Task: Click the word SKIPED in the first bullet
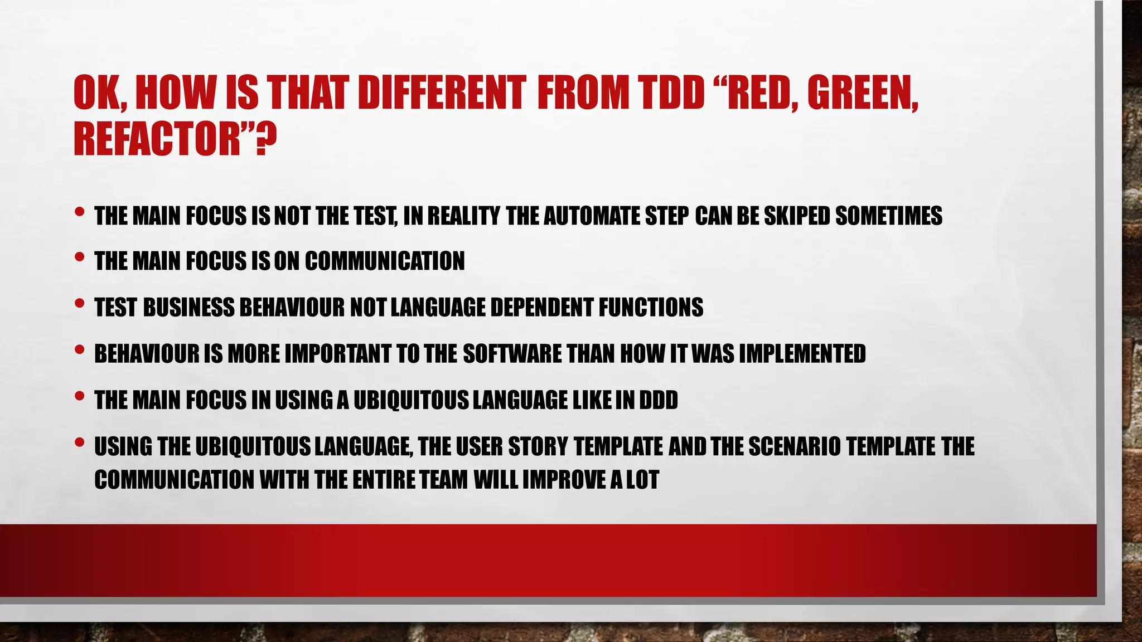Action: click(797, 216)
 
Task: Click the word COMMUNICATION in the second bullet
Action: click(384, 261)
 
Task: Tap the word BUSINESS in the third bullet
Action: click(189, 308)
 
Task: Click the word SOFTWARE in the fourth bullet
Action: click(512, 354)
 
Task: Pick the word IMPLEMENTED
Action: click(802, 354)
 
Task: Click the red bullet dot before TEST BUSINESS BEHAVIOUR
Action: click(79, 304)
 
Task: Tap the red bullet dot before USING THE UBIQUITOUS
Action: click(79, 442)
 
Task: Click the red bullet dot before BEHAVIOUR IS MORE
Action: click(79, 350)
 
